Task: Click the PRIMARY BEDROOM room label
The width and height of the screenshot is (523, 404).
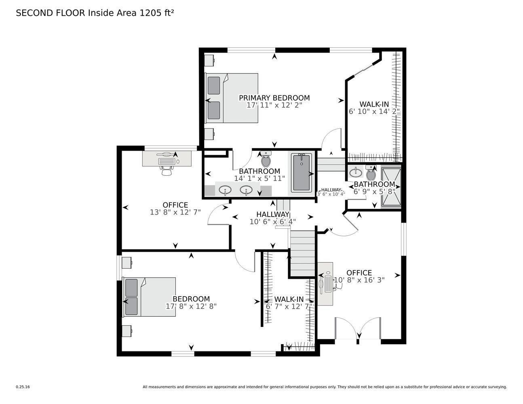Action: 274,98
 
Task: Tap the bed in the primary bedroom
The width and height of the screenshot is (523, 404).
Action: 232,98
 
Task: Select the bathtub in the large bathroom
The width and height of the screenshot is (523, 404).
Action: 301,173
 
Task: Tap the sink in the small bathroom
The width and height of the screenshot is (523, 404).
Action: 356,172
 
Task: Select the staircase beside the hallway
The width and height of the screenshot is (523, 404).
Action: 302,253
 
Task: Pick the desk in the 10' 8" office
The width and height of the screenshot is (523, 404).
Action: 325,284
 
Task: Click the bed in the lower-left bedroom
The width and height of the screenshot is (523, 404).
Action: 150,297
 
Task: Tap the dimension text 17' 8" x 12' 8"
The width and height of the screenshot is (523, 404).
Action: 191,306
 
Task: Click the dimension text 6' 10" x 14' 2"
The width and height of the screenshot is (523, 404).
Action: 374,111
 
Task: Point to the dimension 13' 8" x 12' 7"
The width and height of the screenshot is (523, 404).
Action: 175,212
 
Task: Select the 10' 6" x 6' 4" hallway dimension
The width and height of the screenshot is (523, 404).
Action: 272,221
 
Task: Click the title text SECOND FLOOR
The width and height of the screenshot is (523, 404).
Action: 51,13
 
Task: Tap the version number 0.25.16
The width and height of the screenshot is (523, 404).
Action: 23,387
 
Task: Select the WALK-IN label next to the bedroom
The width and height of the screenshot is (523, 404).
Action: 289,299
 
